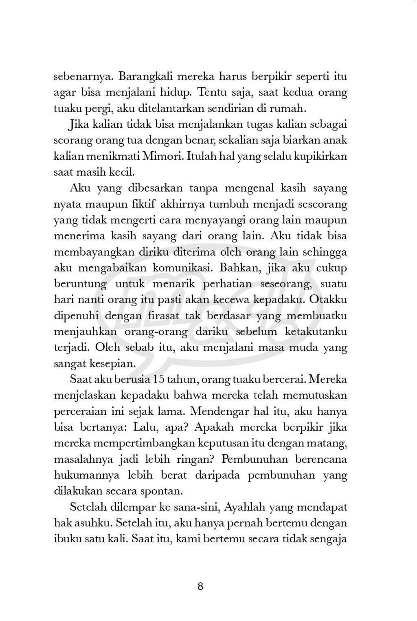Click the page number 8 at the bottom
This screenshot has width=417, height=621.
(200, 587)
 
